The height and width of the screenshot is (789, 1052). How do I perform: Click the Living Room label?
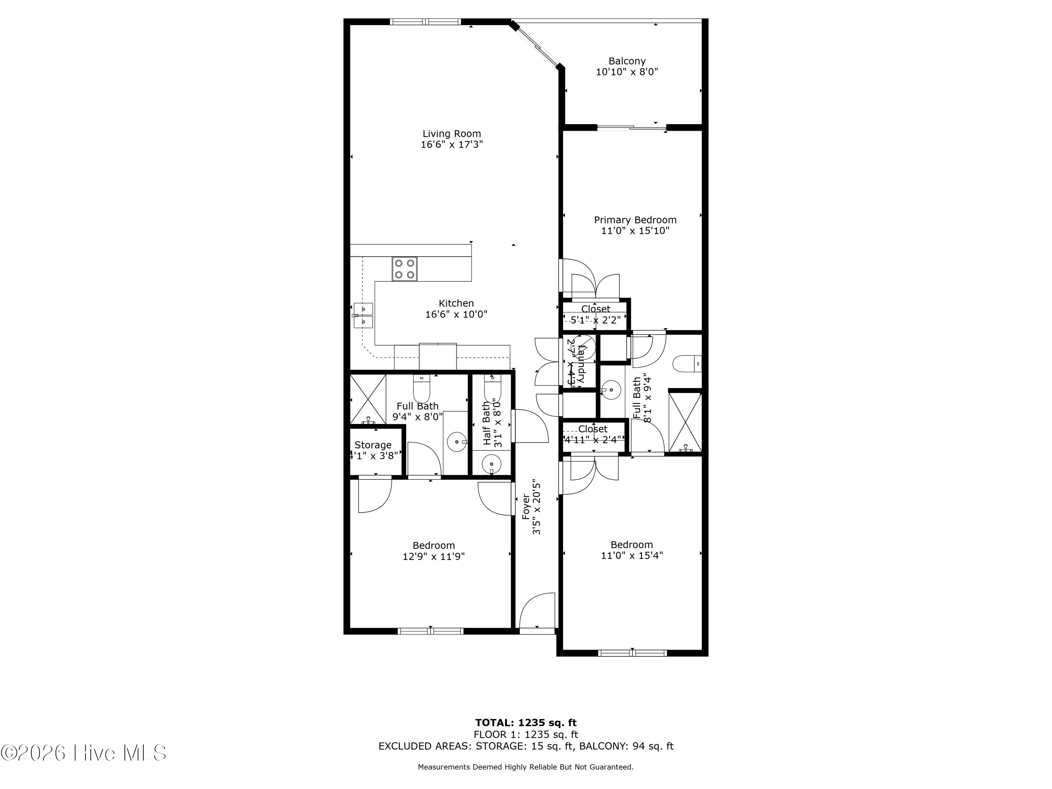(451, 134)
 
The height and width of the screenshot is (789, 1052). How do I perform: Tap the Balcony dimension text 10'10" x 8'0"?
(627, 72)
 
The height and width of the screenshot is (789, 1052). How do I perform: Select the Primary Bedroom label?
(635, 220)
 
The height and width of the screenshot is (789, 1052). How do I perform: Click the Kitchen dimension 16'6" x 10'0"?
(456, 314)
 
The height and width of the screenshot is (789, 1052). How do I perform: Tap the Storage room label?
(373, 445)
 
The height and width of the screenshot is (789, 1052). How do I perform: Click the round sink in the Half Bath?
(491, 463)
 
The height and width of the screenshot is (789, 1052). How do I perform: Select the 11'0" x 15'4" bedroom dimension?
(632, 555)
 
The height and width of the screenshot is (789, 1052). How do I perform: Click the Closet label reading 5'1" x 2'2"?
(595, 309)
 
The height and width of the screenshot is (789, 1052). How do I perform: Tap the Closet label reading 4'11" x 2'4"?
(593, 429)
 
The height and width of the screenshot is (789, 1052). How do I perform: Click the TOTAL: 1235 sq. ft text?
(526, 723)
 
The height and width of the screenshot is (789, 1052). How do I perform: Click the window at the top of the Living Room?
(425, 21)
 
